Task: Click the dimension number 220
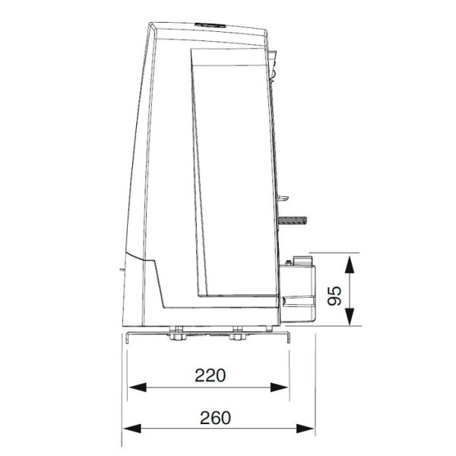point(210,375)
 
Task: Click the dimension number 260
point(215,418)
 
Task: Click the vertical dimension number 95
point(334,296)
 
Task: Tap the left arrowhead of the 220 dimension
point(138,388)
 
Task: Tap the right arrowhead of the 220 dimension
point(279,388)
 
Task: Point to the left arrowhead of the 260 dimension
point(132,429)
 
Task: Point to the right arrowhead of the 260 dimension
point(305,429)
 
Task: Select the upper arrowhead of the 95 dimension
point(350,264)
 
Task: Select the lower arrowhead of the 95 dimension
point(350,316)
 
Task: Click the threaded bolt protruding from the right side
point(293,220)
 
